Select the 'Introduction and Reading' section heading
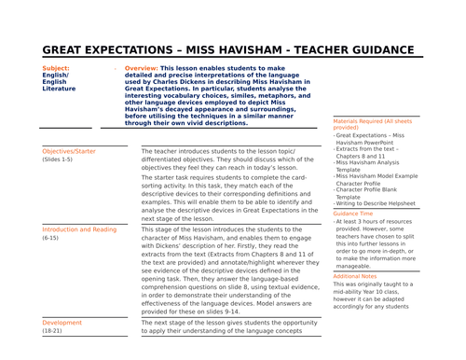click(79, 228)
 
